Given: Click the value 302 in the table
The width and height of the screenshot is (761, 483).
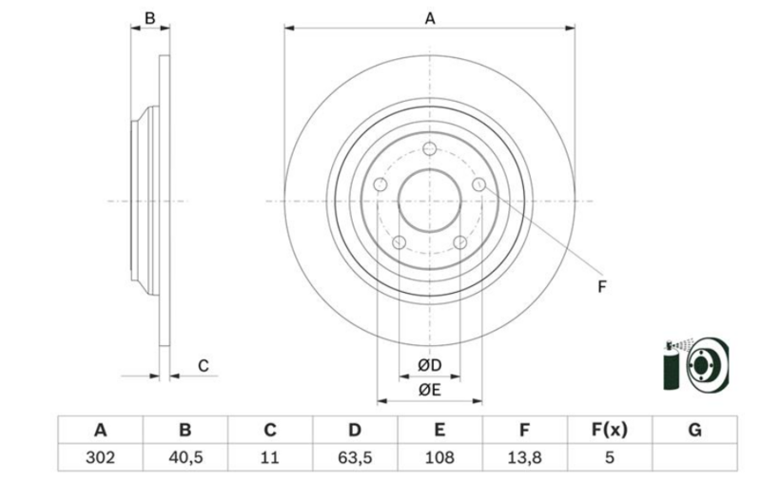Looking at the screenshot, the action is (100, 456).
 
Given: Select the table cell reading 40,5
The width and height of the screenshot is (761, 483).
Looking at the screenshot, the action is (185, 456).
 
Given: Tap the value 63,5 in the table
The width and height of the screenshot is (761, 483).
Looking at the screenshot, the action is (355, 456).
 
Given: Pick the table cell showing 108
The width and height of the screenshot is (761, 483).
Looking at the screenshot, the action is (439, 456).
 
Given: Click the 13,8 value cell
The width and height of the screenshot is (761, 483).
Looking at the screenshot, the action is (525, 456).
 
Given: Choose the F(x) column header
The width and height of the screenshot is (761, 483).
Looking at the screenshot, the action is (610, 430).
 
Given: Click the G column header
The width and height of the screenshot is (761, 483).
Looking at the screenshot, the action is (694, 430).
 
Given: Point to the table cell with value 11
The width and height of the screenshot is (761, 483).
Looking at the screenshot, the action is (270, 456).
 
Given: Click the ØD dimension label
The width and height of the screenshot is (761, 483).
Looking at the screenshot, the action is (430, 365).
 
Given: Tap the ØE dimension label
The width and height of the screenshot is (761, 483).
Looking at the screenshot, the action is (430, 390).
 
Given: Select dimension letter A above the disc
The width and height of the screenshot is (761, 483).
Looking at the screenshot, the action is (430, 18).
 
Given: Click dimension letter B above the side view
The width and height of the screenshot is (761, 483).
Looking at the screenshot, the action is (150, 18).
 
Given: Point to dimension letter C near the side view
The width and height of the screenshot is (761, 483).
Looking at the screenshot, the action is (204, 366).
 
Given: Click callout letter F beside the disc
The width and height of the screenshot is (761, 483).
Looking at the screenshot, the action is (602, 287).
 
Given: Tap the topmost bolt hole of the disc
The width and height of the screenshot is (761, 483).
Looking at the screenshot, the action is (430, 148).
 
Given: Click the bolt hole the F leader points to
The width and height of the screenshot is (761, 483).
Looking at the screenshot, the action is (479, 184).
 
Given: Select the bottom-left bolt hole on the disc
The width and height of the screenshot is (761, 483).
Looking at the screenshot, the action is (399, 242).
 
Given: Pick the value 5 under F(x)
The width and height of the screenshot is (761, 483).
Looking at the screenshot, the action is (610, 456).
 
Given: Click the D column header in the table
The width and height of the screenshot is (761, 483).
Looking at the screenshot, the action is (355, 430).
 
